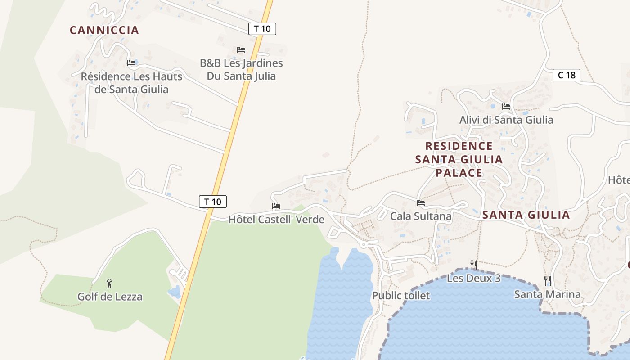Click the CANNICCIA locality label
[104, 30]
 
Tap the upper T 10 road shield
[262, 29]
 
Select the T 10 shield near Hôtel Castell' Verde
[212, 201]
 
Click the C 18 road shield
[566, 75]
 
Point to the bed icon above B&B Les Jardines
[241, 49]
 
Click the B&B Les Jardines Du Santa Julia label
[241, 70]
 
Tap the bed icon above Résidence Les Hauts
[131, 63]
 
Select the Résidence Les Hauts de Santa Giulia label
[131, 83]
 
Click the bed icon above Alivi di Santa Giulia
[506, 107]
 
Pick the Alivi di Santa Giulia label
[506, 120]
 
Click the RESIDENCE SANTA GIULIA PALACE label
[459, 159]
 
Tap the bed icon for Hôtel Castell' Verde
[276, 206]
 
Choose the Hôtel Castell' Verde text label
[276, 220]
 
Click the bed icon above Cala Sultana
[421, 203]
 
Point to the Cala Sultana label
[421, 216]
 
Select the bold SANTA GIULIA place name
[526, 215]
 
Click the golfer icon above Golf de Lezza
[109, 283]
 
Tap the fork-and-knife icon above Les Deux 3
[473, 265]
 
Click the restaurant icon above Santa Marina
[547, 281]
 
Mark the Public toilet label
[400, 296]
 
